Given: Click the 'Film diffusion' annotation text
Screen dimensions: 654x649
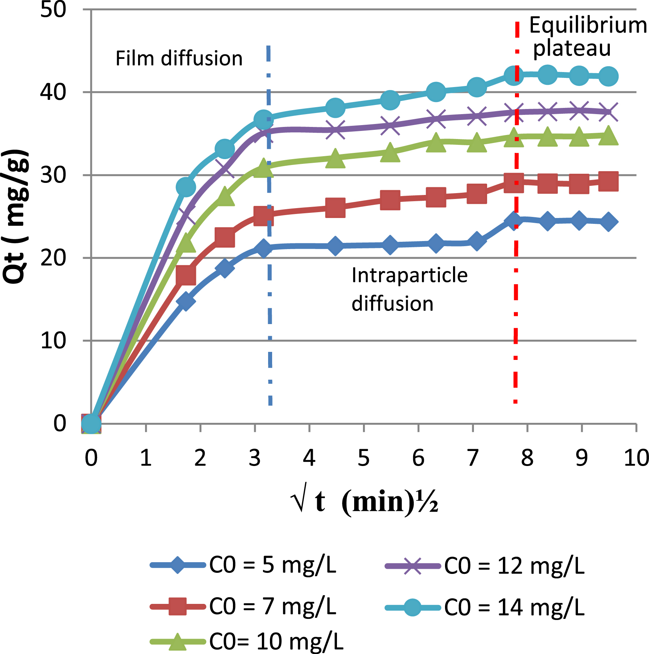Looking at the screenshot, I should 179,59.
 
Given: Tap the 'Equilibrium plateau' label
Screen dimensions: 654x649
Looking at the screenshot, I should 587,37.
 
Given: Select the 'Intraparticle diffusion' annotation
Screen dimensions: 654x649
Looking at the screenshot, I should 409,289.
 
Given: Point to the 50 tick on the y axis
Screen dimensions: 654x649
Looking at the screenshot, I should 53,10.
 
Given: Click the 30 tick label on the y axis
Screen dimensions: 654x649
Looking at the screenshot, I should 53,175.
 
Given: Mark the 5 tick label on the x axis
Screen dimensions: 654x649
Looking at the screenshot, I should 364,458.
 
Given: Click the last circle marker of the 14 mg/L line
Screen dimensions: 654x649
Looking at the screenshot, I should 608,76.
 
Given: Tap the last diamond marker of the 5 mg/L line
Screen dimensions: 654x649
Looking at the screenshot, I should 608,222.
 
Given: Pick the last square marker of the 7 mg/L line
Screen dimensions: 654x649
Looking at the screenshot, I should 608,181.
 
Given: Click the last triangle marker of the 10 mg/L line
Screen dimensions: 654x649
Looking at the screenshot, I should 608,136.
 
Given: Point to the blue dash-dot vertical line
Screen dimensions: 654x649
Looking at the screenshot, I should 270,329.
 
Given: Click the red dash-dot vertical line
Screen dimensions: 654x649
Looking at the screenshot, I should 516,329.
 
